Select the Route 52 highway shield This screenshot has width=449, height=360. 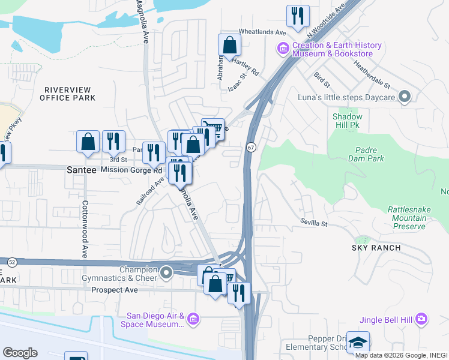tap(11, 262)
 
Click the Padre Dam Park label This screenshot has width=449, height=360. tap(366, 154)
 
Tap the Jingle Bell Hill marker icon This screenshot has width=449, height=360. tap(421, 318)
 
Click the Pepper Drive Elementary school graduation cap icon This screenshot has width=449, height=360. tap(358, 342)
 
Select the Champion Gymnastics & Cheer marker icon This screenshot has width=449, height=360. tap(166, 274)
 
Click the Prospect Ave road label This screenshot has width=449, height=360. tap(115, 290)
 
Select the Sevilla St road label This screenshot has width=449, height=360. tap(314, 224)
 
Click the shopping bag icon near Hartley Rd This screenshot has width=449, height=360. tap(229, 44)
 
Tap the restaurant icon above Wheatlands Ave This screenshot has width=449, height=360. tap(298, 16)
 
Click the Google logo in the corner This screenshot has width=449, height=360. tap(20, 352)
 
